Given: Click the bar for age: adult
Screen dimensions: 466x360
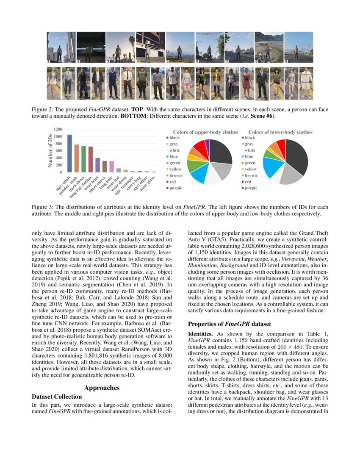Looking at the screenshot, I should click(69, 153).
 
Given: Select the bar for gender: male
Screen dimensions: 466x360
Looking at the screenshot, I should click(77, 158).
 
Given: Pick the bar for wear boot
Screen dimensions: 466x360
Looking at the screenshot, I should click(97, 165).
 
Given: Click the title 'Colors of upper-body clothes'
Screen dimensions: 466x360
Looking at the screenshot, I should click(205, 132).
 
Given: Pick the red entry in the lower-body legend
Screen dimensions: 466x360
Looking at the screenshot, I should click(249, 181).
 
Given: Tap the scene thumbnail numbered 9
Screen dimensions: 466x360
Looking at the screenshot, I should click(299, 47).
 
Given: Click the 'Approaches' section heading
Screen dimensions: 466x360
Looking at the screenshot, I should click(102, 388).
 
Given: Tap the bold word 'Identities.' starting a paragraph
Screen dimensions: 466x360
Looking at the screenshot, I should click(200, 334).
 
